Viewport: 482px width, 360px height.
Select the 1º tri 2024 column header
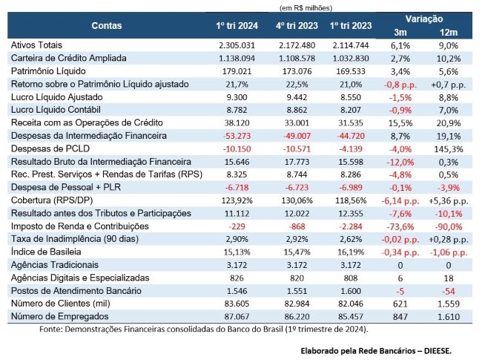pos(237,25)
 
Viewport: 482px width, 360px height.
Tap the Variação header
pos(425,18)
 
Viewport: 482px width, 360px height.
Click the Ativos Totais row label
pos(36,45)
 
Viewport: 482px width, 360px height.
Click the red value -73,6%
pos(400,225)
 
